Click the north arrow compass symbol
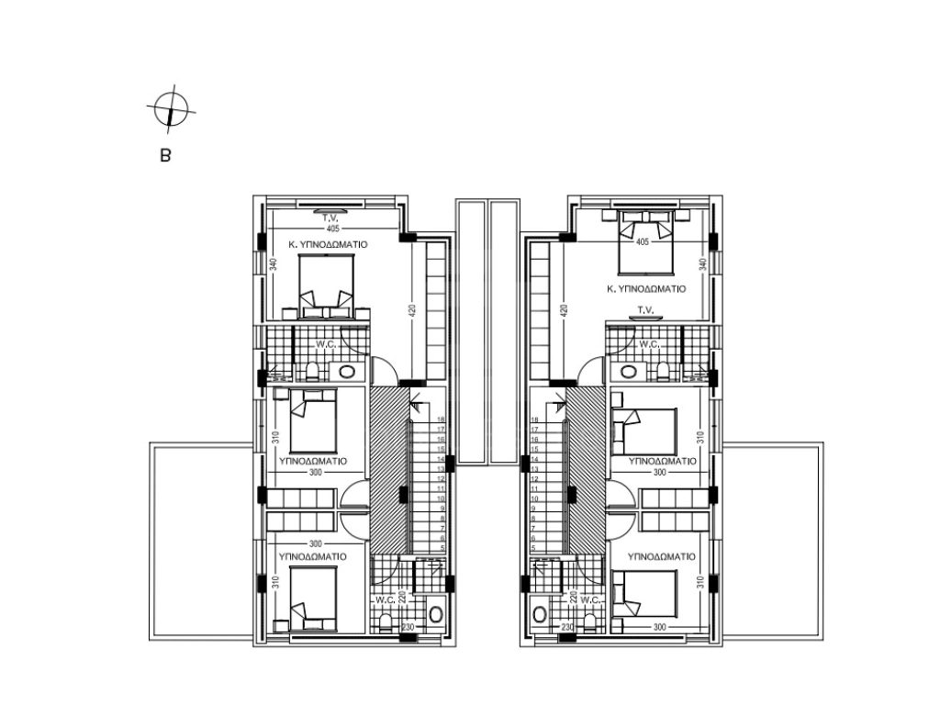pyautogui.click(x=171, y=110)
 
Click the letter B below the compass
pyautogui.click(x=165, y=156)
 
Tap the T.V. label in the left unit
pyautogui.click(x=330, y=218)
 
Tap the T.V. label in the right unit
pyautogui.click(x=645, y=310)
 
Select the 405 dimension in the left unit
pyautogui.click(x=332, y=229)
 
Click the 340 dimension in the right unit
pyautogui.click(x=702, y=263)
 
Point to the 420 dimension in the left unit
pyautogui.click(x=412, y=310)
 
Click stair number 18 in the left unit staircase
pyautogui.click(x=441, y=420)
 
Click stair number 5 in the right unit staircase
pyautogui.click(x=533, y=548)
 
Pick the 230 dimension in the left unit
pyautogui.click(x=408, y=627)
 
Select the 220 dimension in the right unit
pyautogui.click(x=573, y=598)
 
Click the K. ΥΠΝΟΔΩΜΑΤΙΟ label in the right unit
pyautogui.click(x=645, y=289)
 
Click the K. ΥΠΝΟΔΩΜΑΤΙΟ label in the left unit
pyautogui.click(x=328, y=244)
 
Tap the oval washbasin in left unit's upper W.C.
pyautogui.click(x=346, y=372)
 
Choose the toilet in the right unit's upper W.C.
pyautogui.click(x=663, y=372)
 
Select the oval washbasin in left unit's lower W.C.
pyautogui.click(x=436, y=614)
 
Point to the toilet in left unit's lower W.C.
pyautogui.click(x=386, y=621)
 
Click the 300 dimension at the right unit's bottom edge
pyautogui.click(x=659, y=627)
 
